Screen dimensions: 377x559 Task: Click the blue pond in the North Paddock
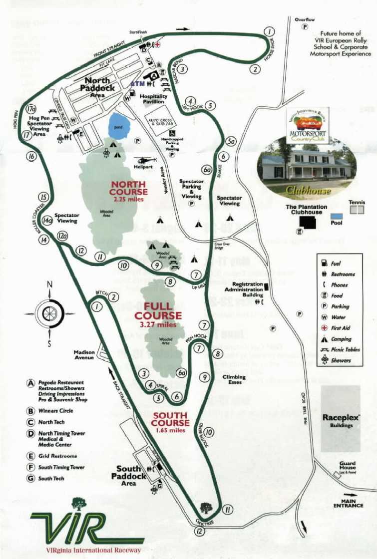[x=119, y=126]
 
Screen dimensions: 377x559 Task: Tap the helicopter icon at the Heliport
[x=145, y=160]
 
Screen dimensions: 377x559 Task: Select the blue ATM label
[x=137, y=83]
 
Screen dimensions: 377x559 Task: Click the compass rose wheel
[x=49, y=313]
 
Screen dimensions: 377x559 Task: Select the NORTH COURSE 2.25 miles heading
[x=129, y=192]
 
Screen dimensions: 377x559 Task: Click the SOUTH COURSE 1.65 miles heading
[x=171, y=422]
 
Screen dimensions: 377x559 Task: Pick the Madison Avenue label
[x=84, y=354]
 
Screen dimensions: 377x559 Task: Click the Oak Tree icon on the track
[x=205, y=509]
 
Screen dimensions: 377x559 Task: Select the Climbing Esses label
[x=234, y=379]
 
